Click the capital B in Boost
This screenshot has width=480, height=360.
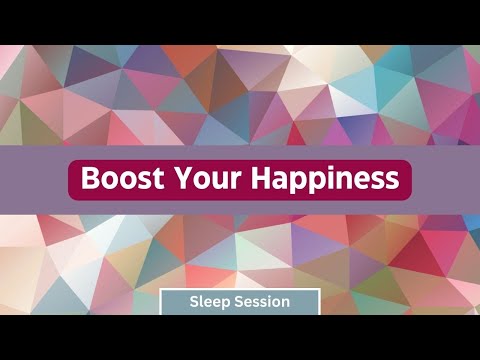89,180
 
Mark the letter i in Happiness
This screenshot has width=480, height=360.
319,179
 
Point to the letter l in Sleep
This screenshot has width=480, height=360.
201,301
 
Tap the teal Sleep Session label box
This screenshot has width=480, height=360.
240,301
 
